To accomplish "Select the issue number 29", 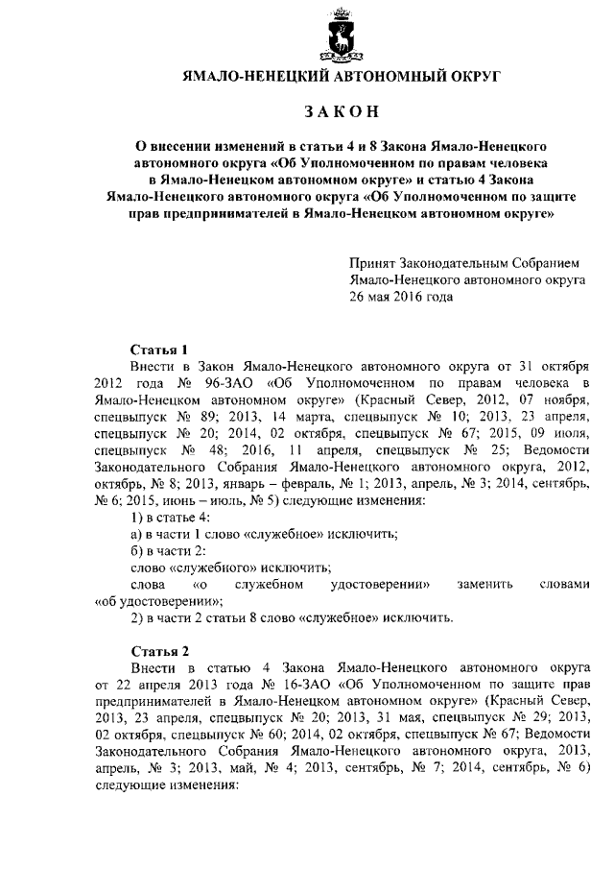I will pyautogui.click(x=525, y=719).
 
